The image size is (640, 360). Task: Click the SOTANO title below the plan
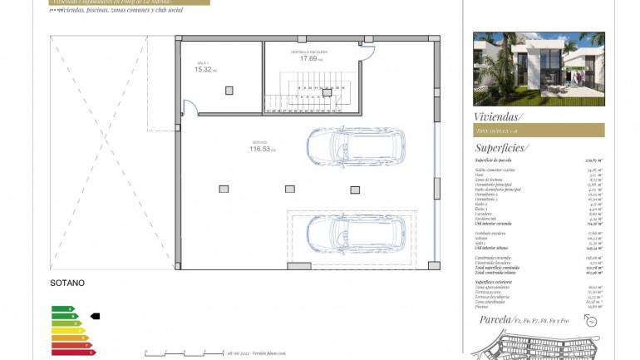[x=67, y=284]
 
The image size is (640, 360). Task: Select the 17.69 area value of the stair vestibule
[x=309, y=58]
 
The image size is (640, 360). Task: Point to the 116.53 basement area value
[x=260, y=149]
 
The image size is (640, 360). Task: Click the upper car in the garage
[x=356, y=146]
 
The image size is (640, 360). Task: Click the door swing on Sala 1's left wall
[x=189, y=106]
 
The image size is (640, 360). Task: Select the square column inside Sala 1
[x=229, y=91]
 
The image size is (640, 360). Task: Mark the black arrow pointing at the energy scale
[x=95, y=316]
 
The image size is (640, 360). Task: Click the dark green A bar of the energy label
[x=62, y=309]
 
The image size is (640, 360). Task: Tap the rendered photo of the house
[x=539, y=69]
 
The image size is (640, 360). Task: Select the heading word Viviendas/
[x=498, y=116]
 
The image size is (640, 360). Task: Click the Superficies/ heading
[x=502, y=147]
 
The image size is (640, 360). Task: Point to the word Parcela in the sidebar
[x=496, y=319]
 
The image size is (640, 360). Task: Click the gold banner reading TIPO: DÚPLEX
[x=539, y=131]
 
